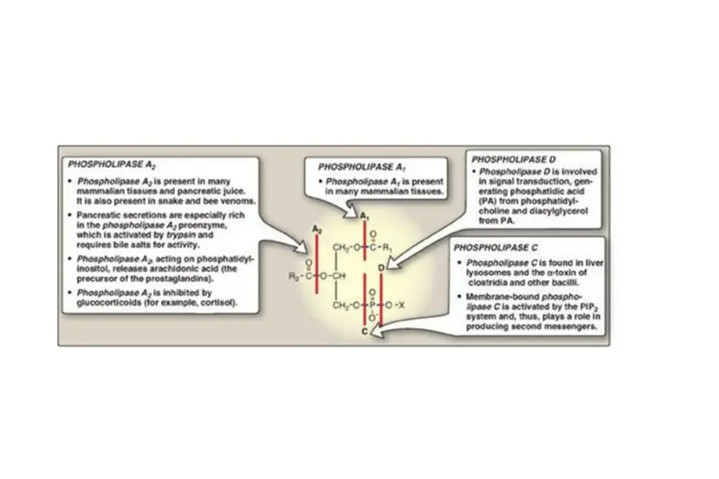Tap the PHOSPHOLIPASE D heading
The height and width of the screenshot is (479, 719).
509,160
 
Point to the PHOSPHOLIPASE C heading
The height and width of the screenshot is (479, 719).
496,248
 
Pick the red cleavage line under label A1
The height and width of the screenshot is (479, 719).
364,242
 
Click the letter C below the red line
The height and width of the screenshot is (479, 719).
364,331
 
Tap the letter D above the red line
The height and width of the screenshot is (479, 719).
381,268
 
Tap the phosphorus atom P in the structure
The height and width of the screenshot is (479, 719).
372,305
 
